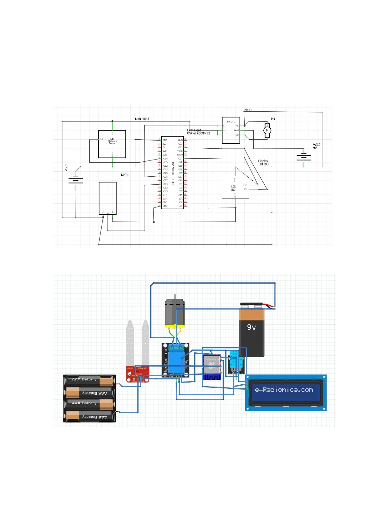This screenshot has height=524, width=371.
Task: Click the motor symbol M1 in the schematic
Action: click(267, 130)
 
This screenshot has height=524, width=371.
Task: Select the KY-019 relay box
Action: click(231, 130)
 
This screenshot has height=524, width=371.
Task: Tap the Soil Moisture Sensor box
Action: click(112, 144)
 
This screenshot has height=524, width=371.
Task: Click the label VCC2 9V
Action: click(317, 146)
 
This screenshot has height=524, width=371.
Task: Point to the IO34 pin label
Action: click(165, 159)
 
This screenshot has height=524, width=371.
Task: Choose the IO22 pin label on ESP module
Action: click(180, 147)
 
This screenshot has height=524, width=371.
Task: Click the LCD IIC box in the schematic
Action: click(235, 188)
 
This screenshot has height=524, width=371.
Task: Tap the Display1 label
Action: click(264, 161)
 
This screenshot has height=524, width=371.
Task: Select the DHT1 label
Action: click(125, 175)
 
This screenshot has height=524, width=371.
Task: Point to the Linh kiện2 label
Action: click(142, 119)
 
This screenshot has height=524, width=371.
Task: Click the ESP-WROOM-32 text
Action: click(198, 133)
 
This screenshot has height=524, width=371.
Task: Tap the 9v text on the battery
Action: click(251, 327)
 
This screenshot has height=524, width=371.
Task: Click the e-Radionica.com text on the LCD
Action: click(284, 390)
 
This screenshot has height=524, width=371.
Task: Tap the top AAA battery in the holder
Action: click(89, 380)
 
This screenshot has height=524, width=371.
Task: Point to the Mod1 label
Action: click(248, 110)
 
